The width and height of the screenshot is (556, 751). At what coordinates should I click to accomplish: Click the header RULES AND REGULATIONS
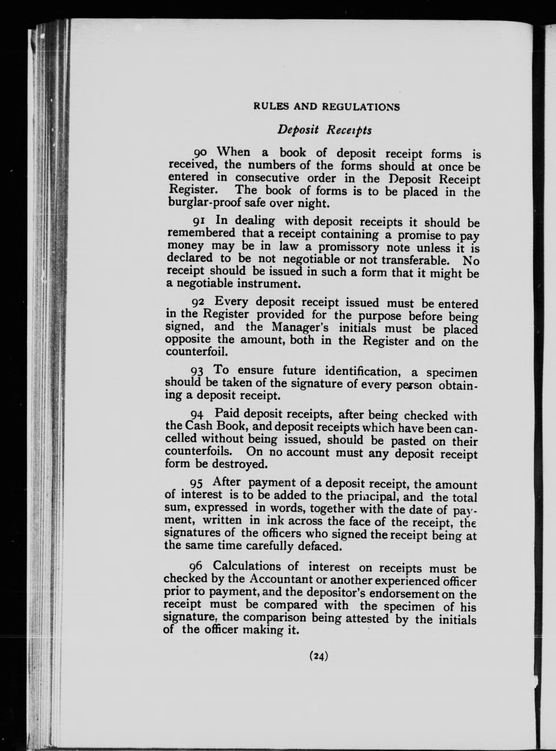coord(326,107)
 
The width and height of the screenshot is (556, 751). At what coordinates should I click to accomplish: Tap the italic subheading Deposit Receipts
coord(324,130)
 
